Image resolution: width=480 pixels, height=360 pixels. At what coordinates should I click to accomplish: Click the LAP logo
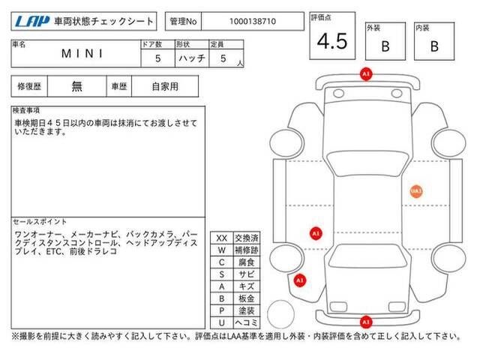pos(32,21)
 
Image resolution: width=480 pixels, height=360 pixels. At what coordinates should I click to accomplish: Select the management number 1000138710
pos(253,22)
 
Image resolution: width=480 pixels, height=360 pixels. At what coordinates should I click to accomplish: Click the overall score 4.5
pos(332,41)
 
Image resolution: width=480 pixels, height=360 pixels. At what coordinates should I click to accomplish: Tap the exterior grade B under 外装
pos(385,46)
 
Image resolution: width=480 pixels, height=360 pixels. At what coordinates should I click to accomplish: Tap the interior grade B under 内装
pos(434,46)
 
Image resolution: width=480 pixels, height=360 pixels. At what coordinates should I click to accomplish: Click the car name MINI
pos(82,53)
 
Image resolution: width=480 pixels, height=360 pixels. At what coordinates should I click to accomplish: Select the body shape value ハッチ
pos(192,58)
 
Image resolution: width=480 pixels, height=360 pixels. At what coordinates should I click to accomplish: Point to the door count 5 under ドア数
pos(157,58)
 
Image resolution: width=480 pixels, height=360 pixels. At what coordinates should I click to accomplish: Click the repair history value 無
pos(76,86)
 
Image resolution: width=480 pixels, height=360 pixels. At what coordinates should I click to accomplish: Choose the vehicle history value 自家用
pos(165,86)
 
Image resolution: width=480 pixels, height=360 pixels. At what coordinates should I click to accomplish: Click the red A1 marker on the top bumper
pos(366,74)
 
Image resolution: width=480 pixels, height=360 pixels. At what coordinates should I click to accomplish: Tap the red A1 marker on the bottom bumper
pos(366,322)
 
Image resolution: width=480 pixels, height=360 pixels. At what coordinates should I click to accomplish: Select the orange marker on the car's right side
pos(416,191)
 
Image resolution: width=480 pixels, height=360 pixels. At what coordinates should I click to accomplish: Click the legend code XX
pos(222,238)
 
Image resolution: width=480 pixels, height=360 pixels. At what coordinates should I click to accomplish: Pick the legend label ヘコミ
pos(247,322)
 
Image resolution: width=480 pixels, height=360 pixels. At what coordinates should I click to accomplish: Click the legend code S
pos(222,274)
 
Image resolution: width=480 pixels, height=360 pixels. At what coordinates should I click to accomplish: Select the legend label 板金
pos(247,298)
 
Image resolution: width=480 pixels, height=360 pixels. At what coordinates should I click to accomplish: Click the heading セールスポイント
pos(40,222)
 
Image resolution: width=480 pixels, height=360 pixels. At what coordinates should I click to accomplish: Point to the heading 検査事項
pos(26,110)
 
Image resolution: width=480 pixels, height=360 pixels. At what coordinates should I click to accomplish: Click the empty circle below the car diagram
pos(280,314)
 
